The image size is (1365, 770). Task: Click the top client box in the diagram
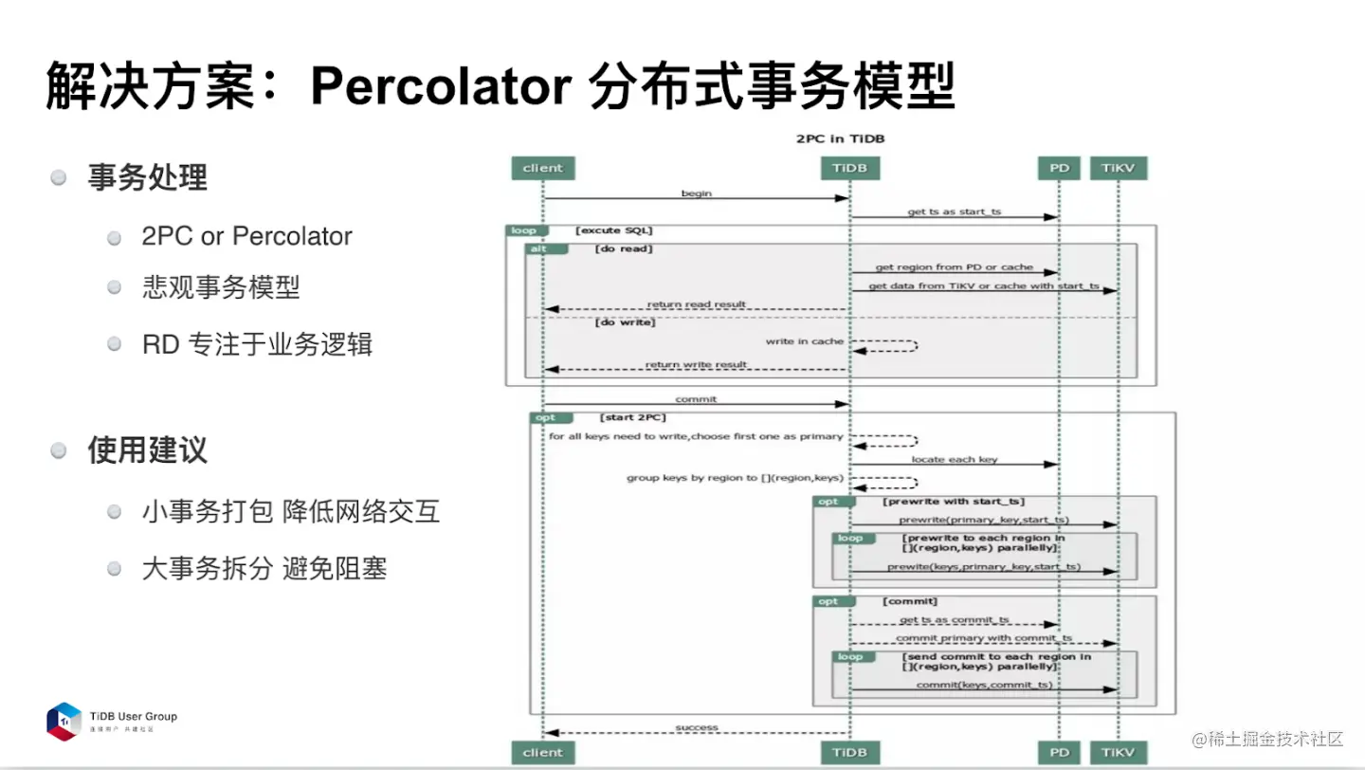click(542, 168)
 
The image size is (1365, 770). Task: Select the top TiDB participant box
click(848, 168)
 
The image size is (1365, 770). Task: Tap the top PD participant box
click(1059, 168)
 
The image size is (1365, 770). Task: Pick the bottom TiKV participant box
click(1118, 752)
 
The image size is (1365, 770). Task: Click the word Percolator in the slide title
click(441, 87)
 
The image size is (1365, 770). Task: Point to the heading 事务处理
click(147, 177)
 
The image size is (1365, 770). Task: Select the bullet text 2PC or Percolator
click(246, 236)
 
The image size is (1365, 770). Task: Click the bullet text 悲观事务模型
click(221, 288)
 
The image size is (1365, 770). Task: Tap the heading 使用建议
click(147, 449)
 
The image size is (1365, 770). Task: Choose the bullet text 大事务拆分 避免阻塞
click(264, 569)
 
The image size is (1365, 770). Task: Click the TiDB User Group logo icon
click(64, 722)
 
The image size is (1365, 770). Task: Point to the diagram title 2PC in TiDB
click(840, 138)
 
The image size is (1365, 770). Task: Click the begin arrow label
click(696, 193)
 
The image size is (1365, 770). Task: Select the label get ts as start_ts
click(954, 211)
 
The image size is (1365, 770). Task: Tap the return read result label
click(696, 304)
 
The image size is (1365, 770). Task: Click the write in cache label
click(805, 340)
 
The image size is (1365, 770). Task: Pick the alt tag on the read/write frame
click(537, 248)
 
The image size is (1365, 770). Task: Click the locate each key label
click(955, 459)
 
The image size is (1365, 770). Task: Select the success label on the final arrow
click(697, 727)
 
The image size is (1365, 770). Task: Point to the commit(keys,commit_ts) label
click(984, 685)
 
